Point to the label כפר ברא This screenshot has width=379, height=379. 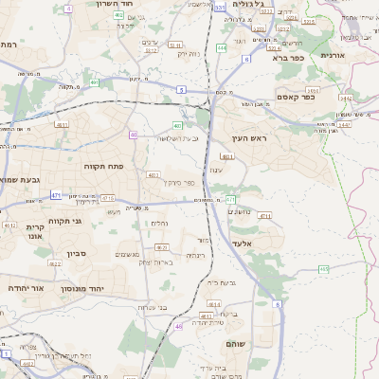click(285, 58)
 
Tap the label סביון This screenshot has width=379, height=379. click(77, 254)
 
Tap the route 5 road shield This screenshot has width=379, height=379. click(180, 89)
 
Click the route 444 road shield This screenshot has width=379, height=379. click(221, 46)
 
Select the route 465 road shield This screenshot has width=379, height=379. click(324, 269)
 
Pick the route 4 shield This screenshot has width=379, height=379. click(69, 9)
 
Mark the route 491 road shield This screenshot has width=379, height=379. click(96, 82)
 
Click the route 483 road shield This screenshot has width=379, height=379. click(177, 125)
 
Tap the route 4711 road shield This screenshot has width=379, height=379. click(264, 216)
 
